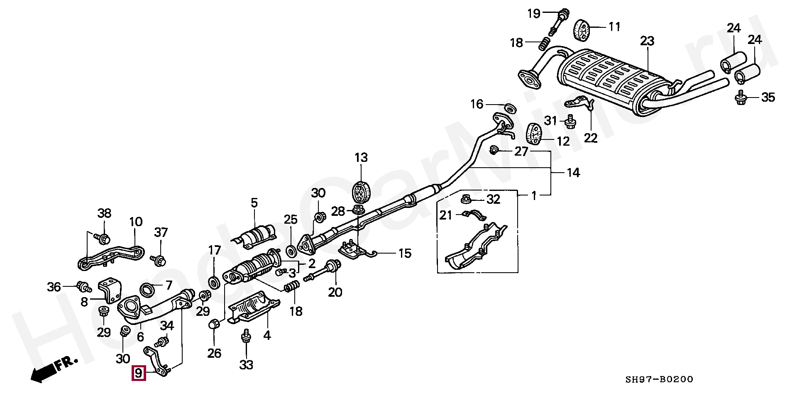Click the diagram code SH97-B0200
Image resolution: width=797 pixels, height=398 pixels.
click(x=660, y=379)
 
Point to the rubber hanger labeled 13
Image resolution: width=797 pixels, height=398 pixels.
click(x=361, y=193)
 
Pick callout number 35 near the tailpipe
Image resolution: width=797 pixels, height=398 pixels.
click(x=768, y=98)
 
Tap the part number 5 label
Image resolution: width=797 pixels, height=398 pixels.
click(x=254, y=203)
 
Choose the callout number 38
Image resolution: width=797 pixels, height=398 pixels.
click(x=105, y=213)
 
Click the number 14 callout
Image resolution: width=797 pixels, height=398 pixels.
click(x=573, y=172)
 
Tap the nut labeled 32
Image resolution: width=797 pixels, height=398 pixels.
click(x=466, y=201)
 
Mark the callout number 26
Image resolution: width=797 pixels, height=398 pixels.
click(x=214, y=353)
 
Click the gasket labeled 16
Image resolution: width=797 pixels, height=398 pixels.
click(x=510, y=109)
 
